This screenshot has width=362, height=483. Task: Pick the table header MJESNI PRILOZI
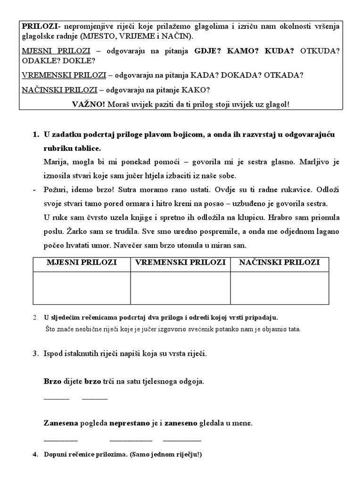82,263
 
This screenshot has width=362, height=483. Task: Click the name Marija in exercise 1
55,162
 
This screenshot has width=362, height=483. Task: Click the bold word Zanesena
61,424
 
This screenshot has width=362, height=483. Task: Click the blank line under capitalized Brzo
56,399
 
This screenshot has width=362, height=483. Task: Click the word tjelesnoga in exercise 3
167,381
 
